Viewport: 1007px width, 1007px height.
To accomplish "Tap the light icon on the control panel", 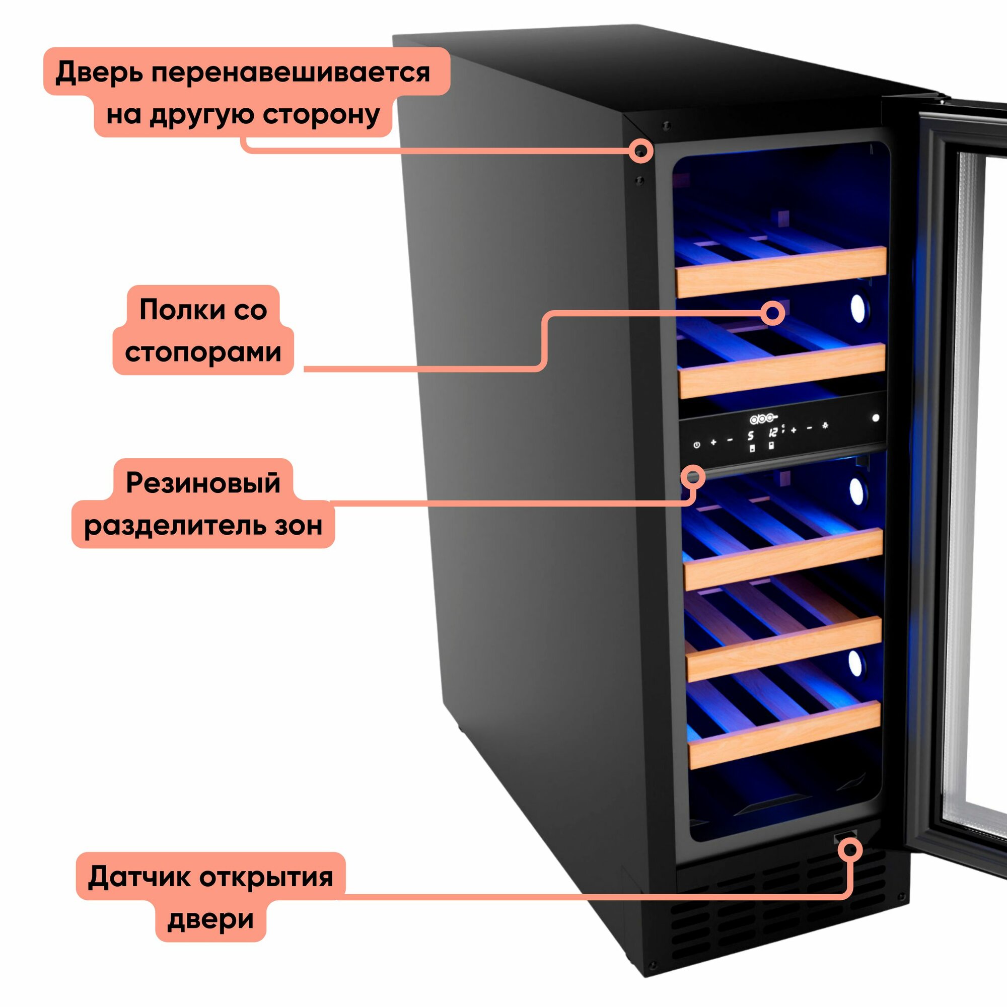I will point(825,426).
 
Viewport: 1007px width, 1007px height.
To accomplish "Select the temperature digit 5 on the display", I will point(751,436).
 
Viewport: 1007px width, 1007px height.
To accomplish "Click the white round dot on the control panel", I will point(876,417).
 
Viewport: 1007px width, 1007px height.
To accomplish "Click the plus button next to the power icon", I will point(713,443).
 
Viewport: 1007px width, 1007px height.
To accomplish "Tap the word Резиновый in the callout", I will point(203,482).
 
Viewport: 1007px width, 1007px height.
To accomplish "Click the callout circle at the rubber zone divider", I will point(693,477).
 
